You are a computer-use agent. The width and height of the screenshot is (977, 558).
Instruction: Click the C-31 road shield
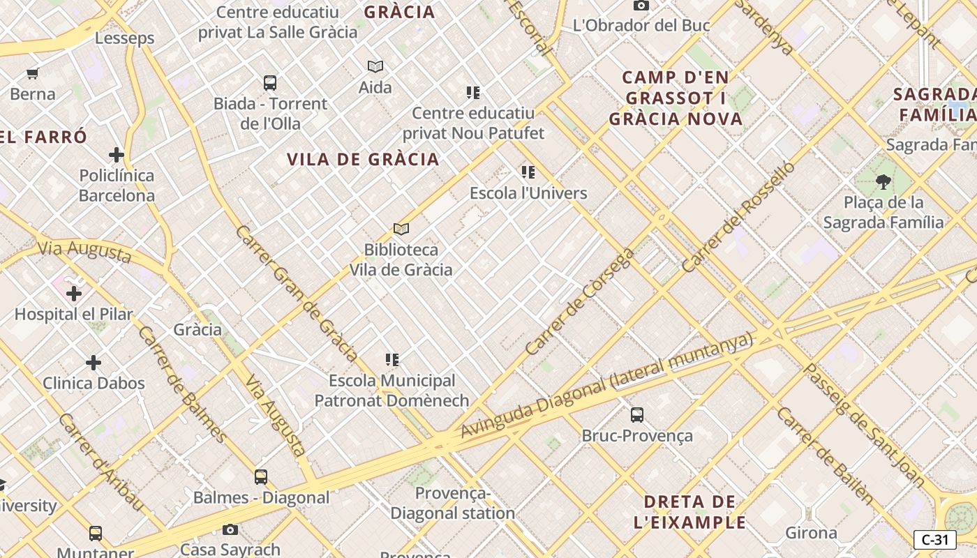point(935,539)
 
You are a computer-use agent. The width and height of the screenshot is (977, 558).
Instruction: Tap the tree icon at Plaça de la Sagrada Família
point(883,182)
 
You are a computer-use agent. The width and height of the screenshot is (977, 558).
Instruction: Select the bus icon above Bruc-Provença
point(637,415)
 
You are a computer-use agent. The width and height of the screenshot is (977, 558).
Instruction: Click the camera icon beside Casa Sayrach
point(230,530)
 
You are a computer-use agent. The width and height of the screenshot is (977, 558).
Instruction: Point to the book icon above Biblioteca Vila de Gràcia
point(401,229)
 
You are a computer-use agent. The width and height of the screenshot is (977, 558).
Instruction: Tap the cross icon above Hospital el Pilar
point(74,294)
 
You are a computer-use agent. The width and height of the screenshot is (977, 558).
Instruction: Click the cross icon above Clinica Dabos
point(94,363)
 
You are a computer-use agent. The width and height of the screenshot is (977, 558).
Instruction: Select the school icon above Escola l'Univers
point(528,172)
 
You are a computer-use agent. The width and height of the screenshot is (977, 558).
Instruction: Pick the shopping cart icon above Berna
point(32,73)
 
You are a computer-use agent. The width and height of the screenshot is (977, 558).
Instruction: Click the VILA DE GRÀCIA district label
point(363,159)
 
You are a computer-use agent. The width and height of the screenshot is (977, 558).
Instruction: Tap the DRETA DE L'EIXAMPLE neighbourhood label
point(690,511)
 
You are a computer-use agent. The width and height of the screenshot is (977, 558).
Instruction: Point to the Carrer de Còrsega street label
point(580,301)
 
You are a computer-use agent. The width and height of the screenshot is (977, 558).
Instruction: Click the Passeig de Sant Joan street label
point(865,425)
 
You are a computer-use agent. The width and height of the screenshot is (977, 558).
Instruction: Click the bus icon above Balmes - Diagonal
point(261,477)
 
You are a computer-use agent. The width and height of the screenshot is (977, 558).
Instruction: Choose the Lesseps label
point(124,38)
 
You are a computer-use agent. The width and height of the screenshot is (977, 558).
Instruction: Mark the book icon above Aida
point(375,67)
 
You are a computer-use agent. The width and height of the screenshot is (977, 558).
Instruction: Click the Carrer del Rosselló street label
point(738,217)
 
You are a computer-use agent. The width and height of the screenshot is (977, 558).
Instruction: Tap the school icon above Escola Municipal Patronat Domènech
point(392,360)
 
